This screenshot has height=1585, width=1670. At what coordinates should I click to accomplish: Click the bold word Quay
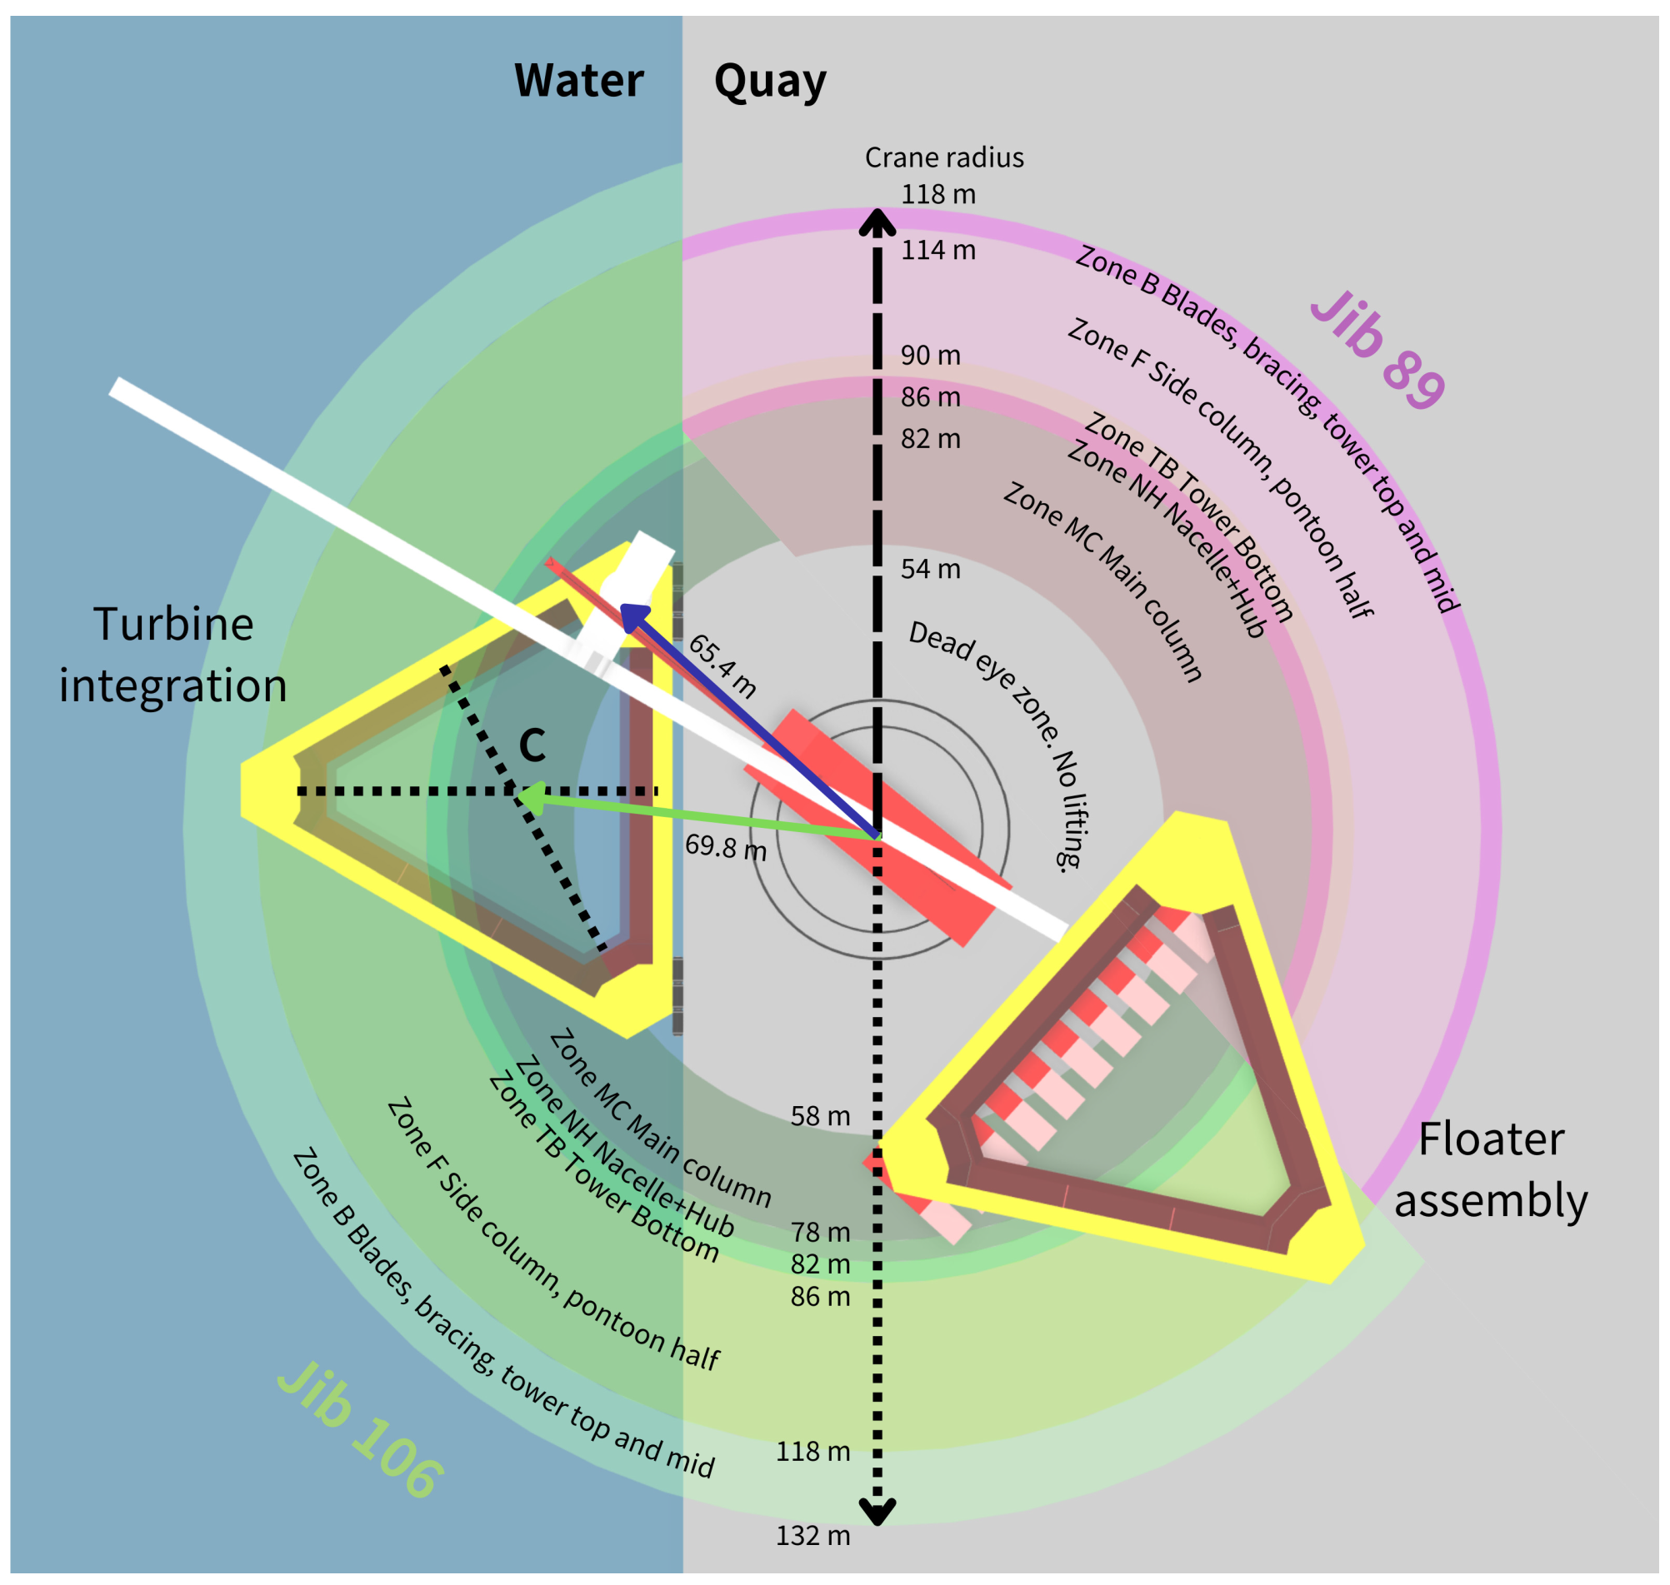tap(769, 82)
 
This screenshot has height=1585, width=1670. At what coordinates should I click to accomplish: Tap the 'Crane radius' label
tap(943, 157)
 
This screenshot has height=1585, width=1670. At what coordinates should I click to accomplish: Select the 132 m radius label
tap(812, 1535)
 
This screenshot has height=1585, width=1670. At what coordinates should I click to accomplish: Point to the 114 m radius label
tap(937, 250)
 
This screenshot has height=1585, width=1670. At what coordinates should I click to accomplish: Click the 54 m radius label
tap(930, 569)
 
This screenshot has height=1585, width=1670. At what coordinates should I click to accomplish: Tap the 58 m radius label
tap(819, 1116)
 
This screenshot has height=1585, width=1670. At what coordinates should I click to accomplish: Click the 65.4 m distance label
tap(722, 666)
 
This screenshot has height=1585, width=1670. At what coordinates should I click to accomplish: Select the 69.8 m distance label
tap(725, 846)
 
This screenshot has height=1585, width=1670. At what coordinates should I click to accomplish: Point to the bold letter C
tap(532, 745)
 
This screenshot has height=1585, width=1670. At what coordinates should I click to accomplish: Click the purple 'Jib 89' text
tap(1377, 350)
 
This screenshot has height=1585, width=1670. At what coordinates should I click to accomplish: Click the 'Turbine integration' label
tap(173, 654)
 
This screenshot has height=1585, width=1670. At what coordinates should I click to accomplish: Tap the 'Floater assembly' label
tap(1490, 1169)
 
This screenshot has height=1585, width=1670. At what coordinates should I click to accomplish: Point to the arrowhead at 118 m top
tap(877, 222)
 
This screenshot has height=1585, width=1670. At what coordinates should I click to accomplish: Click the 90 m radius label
tap(930, 355)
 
